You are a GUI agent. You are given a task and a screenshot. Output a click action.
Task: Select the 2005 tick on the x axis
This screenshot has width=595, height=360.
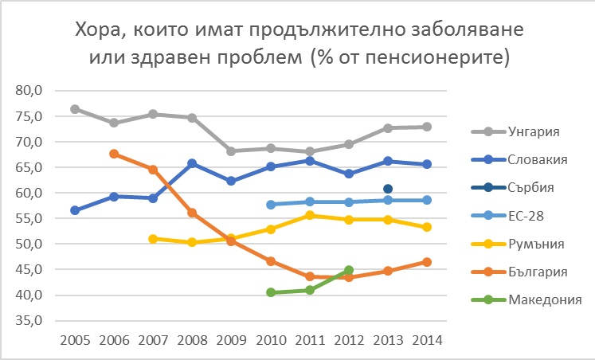(x=75, y=339)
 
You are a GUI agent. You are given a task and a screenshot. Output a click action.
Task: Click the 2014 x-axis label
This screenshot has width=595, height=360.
(x=427, y=339)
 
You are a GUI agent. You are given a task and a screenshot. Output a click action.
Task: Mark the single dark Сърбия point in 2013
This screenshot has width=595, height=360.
(x=388, y=189)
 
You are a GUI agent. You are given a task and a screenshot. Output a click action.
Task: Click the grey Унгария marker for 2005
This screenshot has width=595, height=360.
(x=75, y=109)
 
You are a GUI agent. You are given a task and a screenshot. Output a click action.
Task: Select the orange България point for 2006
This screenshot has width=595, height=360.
(x=114, y=154)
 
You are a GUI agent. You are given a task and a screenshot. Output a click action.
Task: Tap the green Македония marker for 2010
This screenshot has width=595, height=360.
(x=271, y=292)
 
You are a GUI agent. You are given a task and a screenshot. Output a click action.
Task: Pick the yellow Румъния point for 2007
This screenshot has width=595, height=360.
(x=153, y=238)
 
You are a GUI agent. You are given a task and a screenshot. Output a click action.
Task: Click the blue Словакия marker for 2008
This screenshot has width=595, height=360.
(x=192, y=163)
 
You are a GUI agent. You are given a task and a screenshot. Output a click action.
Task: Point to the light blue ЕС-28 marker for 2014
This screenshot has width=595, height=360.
(x=427, y=200)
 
